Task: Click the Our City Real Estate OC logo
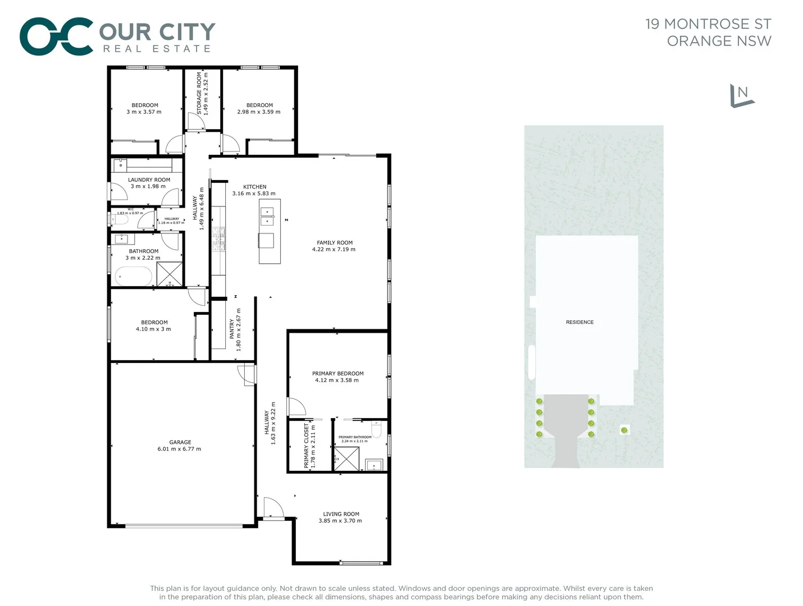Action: pyautogui.click(x=56, y=37)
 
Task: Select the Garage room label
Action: pyautogui.click(x=180, y=442)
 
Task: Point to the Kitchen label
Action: pyautogui.click(x=254, y=187)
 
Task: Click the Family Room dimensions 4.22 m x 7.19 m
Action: pyautogui.click(x=334, y=250)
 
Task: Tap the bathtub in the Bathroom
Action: pyautogui.click(x=133, y=277)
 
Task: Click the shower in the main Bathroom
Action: pyautogui.click(x=170, y=274)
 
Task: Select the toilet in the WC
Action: pyautogui.click(x=118, y=219)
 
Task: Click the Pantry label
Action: pyautogui.click(x=231, y=329)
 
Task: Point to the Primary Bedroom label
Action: pyautogui.click(x=337, y=374)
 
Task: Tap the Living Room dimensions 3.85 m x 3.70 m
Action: pyautogui.click(x=340, y=521)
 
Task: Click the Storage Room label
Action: pyautogui.click(x=199, y=93)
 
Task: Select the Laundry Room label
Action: pyautogui.click(x=149, y=180)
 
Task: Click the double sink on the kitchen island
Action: pyautogui.click(x=267, y=216)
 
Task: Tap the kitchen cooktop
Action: pyautogui.click(x=218, y=238)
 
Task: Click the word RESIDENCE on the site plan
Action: pyautogui.click(x=580, y=323)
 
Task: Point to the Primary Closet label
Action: pyautogui.click(x=306, y=446)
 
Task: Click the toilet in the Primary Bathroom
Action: pyautogui.click(x=377, y=429)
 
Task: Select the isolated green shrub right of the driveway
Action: pyautogui.click(x=624, y=430)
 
